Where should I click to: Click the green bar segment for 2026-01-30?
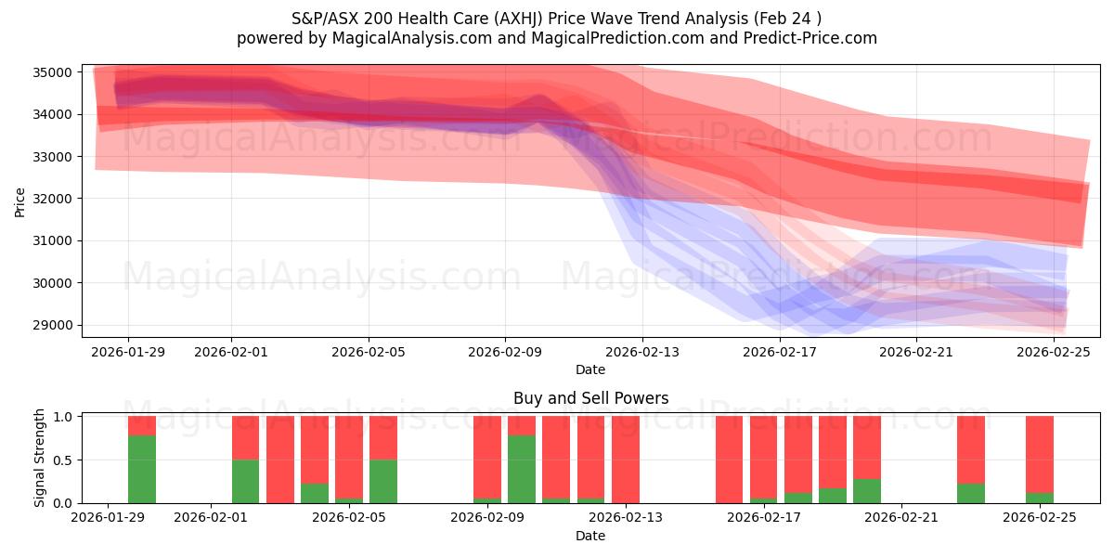point(142,469)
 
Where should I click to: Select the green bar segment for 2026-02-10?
point(522,469)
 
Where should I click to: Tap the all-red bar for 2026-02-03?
point(280,460)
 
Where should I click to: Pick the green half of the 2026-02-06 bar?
point(383,481)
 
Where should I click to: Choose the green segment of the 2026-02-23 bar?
point(971,493)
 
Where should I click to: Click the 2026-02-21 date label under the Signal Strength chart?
point(901,517)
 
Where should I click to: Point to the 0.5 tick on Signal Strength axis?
point(63,460)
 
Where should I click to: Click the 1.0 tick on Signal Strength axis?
point(63,417)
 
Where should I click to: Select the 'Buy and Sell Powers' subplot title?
point(590,398)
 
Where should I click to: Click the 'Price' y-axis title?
point(20,201)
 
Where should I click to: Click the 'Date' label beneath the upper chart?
point(590,369)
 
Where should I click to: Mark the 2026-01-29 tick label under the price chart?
point(128,352)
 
